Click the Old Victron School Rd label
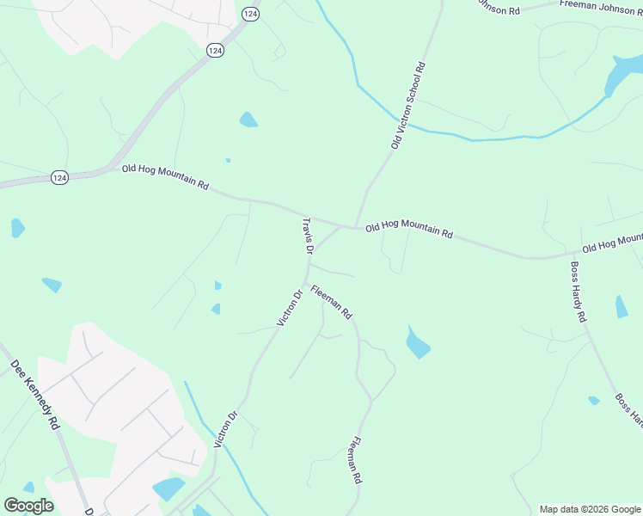408,105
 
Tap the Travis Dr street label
307,236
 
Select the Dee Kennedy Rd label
35,395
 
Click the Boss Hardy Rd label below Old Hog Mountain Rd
579,292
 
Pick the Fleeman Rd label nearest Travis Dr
331,302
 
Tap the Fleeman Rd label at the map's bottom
354,462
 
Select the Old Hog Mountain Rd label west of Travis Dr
165,178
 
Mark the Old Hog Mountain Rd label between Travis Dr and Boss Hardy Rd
408,230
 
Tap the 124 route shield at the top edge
250,14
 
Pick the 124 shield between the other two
215,51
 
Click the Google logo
28,506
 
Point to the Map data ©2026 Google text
590,509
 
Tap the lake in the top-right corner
622,74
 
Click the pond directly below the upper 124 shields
248,120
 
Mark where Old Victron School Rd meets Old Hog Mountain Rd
355,227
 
